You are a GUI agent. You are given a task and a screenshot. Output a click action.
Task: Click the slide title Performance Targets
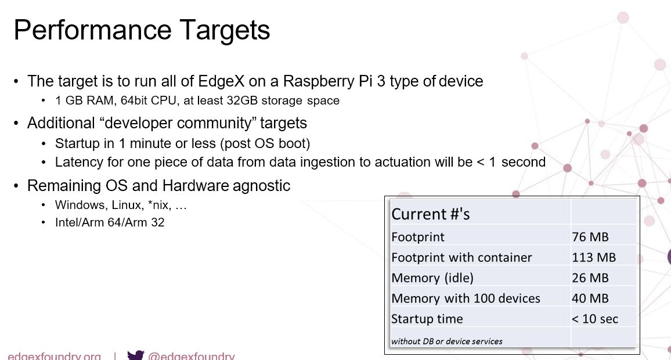point(142,30)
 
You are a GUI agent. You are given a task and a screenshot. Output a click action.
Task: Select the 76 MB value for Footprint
point(590,237)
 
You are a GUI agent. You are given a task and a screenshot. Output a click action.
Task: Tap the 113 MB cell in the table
point(594,257)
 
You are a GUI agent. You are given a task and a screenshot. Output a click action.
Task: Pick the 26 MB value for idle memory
point(590,278)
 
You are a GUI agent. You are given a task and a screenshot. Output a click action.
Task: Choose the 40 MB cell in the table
point(590,298)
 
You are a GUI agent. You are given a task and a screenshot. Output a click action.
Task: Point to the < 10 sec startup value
point(595,319)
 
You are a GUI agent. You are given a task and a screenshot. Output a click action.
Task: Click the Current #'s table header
point(431,214)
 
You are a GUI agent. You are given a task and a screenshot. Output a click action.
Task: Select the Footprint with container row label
point(461,257)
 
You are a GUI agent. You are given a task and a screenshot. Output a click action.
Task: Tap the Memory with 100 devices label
point(466,298)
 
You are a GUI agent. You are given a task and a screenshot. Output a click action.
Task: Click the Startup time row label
point(427,319)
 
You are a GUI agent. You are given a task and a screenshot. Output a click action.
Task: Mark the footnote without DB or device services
point(446,341)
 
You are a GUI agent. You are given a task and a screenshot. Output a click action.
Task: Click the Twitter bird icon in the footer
point(135,355)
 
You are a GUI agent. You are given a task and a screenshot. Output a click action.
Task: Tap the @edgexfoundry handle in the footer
point(192,356)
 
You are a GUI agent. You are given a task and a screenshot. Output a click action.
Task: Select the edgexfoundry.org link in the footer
point(55,356)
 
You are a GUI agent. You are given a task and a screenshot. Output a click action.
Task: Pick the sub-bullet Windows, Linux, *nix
point(121,205)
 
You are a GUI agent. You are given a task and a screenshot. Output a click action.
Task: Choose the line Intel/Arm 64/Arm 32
point(110,222)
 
